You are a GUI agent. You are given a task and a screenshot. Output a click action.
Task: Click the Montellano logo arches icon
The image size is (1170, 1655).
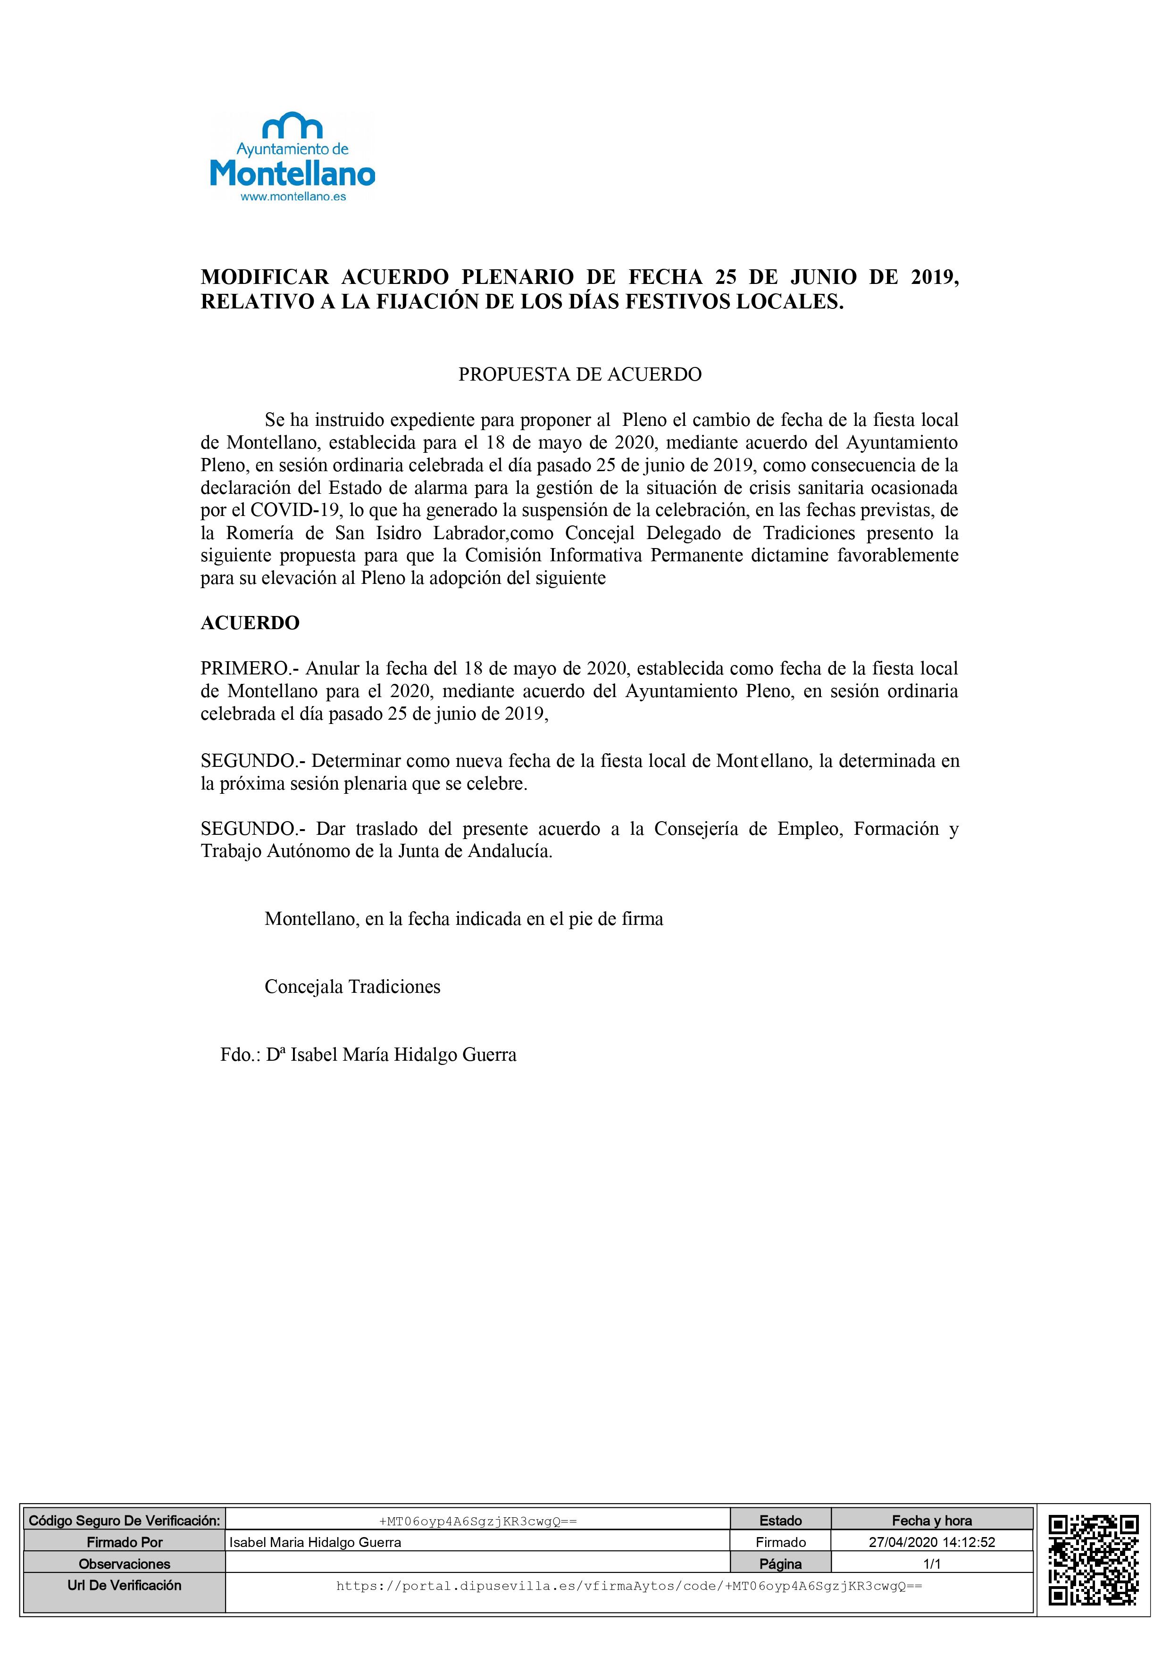292,125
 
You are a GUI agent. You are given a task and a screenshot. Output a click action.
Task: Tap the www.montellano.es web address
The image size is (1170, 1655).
292,196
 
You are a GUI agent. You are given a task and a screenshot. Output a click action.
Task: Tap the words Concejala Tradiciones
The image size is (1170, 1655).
352,987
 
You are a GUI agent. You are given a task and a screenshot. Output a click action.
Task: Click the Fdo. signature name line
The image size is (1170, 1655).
368,1055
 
